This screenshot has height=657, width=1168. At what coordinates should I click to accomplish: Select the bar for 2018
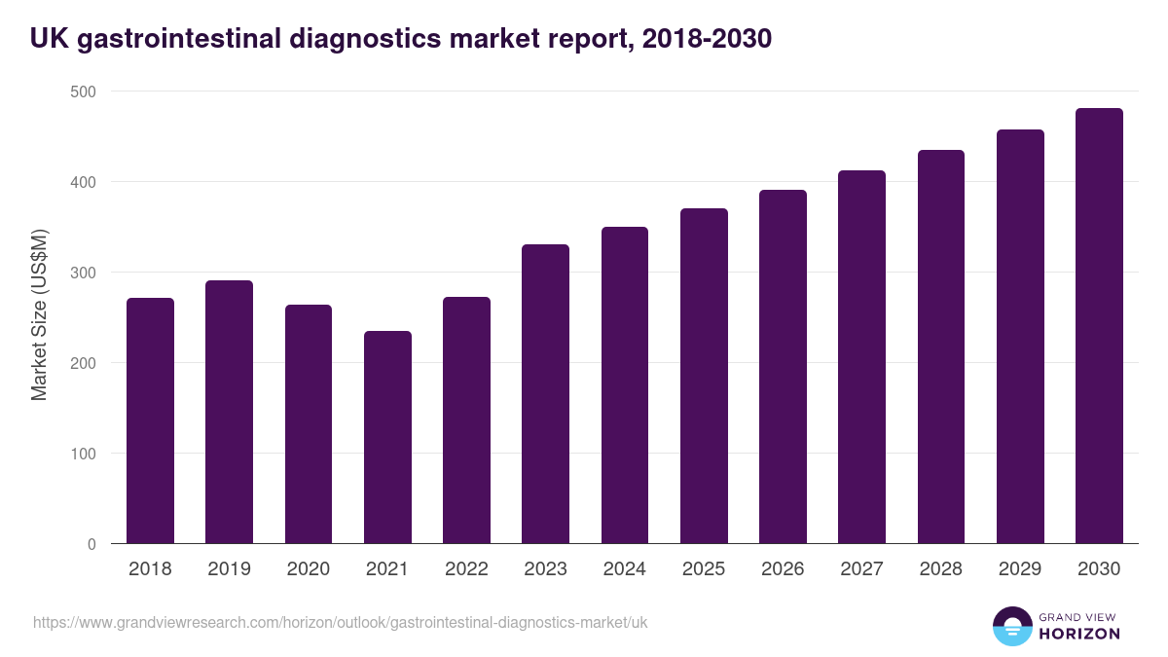[x=150, y=420]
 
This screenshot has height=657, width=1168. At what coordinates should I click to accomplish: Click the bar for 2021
[x=387, y=437]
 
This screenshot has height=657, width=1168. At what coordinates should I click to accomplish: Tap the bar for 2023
[x=545, y=394]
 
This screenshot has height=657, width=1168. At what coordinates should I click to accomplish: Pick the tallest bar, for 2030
[x=1099, y=326]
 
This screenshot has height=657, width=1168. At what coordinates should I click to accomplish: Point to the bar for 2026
[x=783, y=367]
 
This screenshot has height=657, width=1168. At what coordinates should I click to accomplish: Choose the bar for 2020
[x=309, y=424]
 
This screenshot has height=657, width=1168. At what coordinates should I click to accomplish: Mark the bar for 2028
[x=941, y=347]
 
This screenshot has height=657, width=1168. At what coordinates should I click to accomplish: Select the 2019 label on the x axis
[x=229, y=569]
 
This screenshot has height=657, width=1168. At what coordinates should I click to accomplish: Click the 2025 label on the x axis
[x=704, y=569]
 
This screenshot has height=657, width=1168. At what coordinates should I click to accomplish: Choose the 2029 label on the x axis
[x=1020, y=569]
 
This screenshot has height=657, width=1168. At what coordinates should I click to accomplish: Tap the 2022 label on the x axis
[x=466, y=569]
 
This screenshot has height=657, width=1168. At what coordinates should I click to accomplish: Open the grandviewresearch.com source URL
[x=340, y=622]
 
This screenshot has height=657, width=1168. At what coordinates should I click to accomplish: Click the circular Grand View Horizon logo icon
[x=1012, y=626]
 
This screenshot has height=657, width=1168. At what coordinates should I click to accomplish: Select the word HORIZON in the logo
[x=1079, y=634]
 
